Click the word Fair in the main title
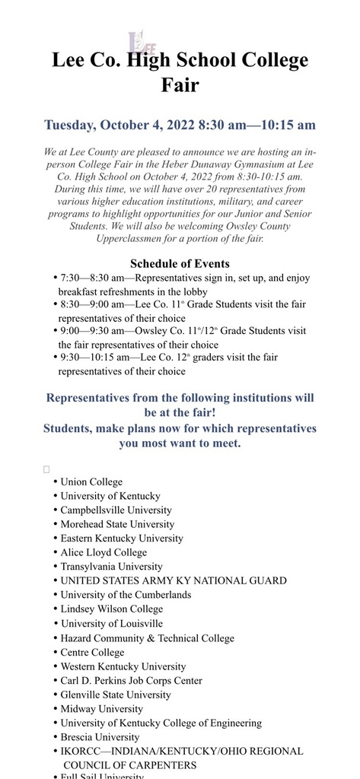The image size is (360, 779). click(180, 84)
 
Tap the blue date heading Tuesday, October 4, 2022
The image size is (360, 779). click(180, 125)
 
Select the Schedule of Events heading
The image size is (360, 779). click(180, 264)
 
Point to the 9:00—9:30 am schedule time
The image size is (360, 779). click(90, 331)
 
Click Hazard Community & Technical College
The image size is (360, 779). click(147, 638)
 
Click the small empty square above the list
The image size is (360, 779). click(46, 469)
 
